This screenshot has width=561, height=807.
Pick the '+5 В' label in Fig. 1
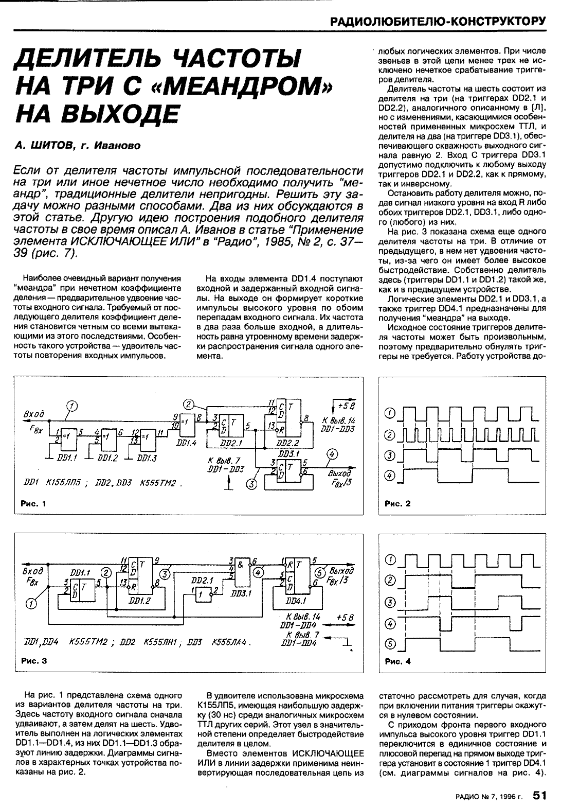[x=344, y=404]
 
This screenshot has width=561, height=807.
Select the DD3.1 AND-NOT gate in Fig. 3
[x=241, y=571]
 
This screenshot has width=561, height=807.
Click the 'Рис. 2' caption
[x=397, y=504]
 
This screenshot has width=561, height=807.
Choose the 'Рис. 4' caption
[x=397, y=662]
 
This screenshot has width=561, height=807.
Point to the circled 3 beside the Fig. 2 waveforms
[x=390, y=455]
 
